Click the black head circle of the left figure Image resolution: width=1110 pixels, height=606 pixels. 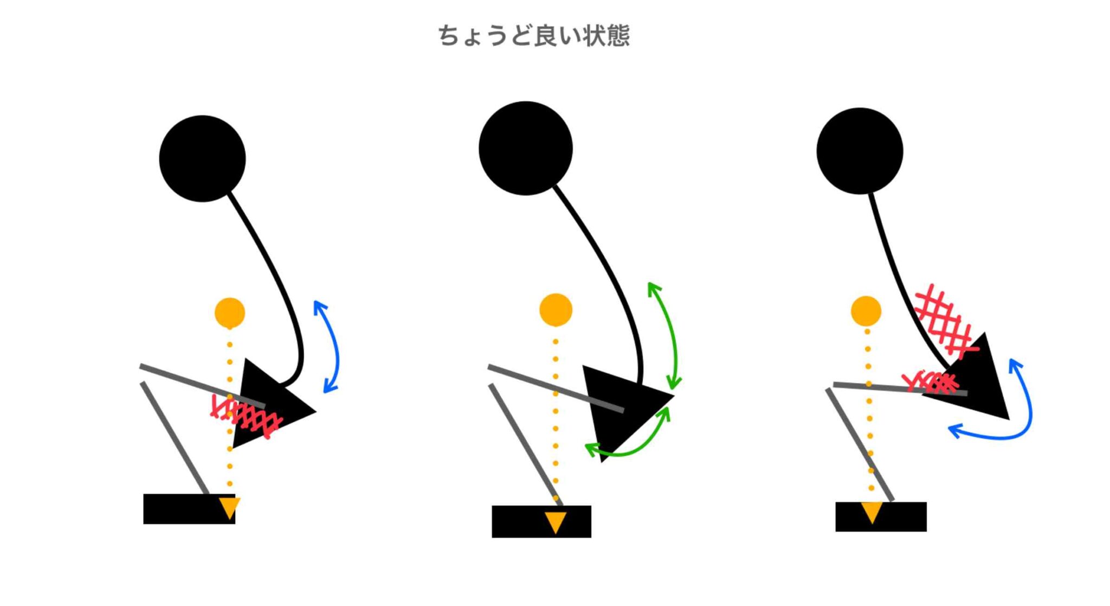tap(202, 158)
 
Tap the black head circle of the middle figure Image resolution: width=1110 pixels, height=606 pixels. tap(526, 148)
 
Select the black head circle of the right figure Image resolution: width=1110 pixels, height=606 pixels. tap(860, 151)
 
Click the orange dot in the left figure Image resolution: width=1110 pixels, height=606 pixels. tap(230, 312)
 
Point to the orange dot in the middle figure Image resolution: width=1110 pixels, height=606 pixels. tap(556, 310)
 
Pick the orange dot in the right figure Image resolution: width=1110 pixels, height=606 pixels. tap(866, 311)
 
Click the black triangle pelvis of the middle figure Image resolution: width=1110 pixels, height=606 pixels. tap(623, 407)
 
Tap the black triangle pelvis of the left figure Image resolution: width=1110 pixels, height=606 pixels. tap(266, 404)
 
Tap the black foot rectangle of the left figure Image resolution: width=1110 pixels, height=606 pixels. tap(189, 509)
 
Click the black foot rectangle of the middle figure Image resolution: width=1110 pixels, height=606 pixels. tap(541, 521)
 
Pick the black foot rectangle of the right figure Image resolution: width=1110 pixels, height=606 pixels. tap(881, 516)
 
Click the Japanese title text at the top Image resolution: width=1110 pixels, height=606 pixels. tap(534, 36)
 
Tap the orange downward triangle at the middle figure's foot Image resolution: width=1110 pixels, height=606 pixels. tap(556, 522)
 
